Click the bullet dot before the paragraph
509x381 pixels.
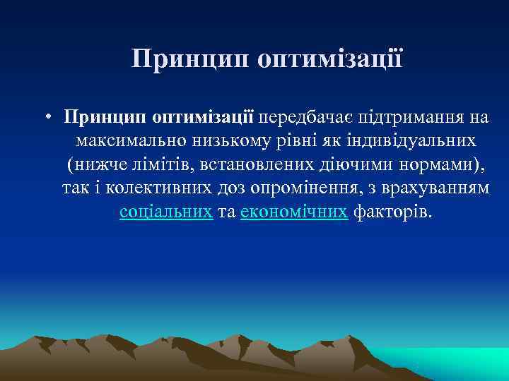pyautogui.click(x=45, y=116)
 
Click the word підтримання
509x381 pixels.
pyautogui.click(x=409, y=115)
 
